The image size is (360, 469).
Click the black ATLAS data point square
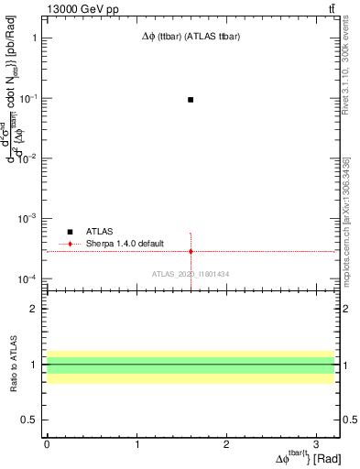tap(191, 99)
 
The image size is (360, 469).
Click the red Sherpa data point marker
tap(191, 251)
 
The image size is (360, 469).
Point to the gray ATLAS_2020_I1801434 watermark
tap(191, 274)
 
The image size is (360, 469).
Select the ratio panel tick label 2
tap(36, 309)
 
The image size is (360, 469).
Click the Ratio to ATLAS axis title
tap(14, 364)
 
